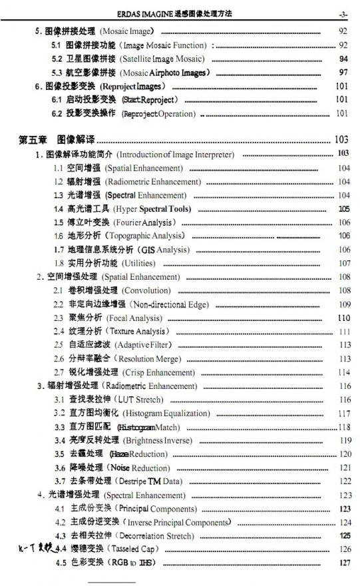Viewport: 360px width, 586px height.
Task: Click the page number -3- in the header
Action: pos(343,14)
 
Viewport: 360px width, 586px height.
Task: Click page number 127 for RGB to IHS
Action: pos(344,563)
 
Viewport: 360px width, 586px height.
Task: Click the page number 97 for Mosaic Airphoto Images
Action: pos(343,72)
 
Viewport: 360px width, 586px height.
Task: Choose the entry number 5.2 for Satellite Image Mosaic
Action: pos(57,59)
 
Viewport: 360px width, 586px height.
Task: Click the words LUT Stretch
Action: pos(139,400)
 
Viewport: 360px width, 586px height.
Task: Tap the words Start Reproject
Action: pos(150,99)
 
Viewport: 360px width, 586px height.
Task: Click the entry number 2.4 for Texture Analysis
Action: pos(59,331)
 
